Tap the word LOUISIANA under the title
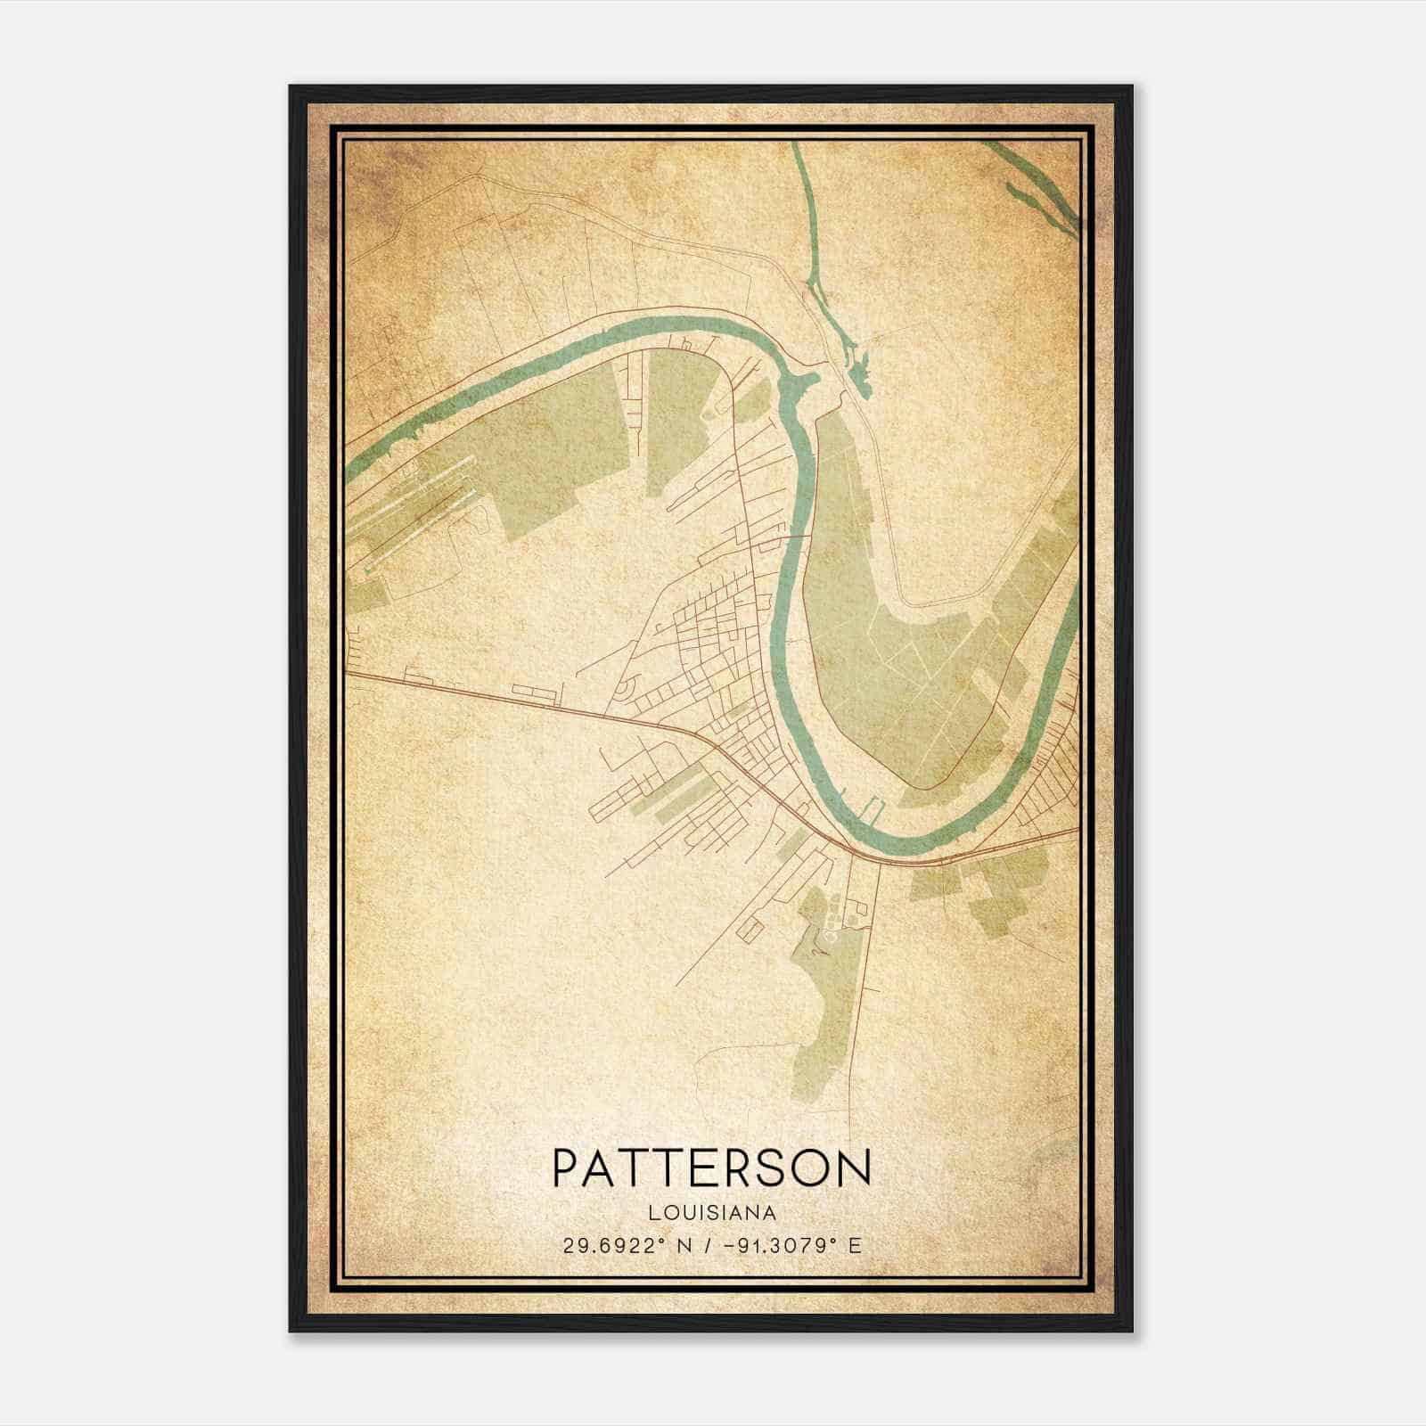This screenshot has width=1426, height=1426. tap(711, 1213)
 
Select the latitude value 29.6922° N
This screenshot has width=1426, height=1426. tap(625, 1246)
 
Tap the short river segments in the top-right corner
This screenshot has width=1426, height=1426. tap(1038, 192)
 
